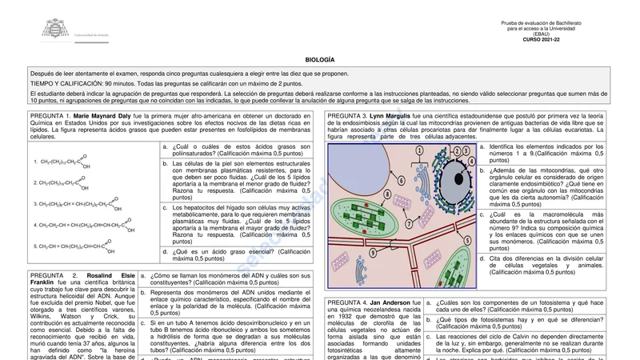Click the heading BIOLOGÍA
(x=320, y=60)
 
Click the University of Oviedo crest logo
(x=55, y=29)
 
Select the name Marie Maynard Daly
(x=102, y=116)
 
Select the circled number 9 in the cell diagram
(x=373, y=253)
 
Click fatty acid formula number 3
(x=76, y=203)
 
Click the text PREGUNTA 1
(x=50, y=116)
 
